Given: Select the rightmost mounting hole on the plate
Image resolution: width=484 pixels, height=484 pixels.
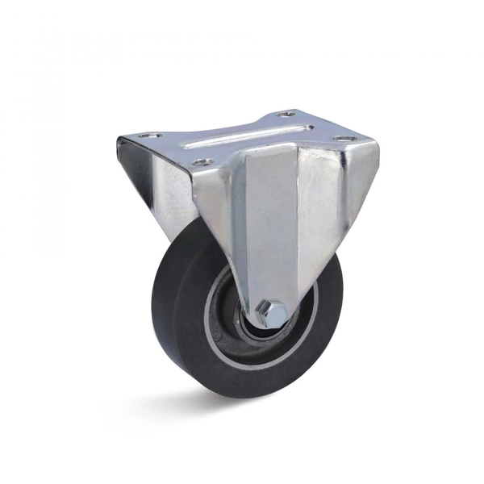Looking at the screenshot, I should click(345, 141).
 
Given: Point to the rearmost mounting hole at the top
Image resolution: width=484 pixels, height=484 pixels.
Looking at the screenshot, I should click(288, 115).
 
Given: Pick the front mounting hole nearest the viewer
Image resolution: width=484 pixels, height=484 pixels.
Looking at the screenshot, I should click(204, 163).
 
